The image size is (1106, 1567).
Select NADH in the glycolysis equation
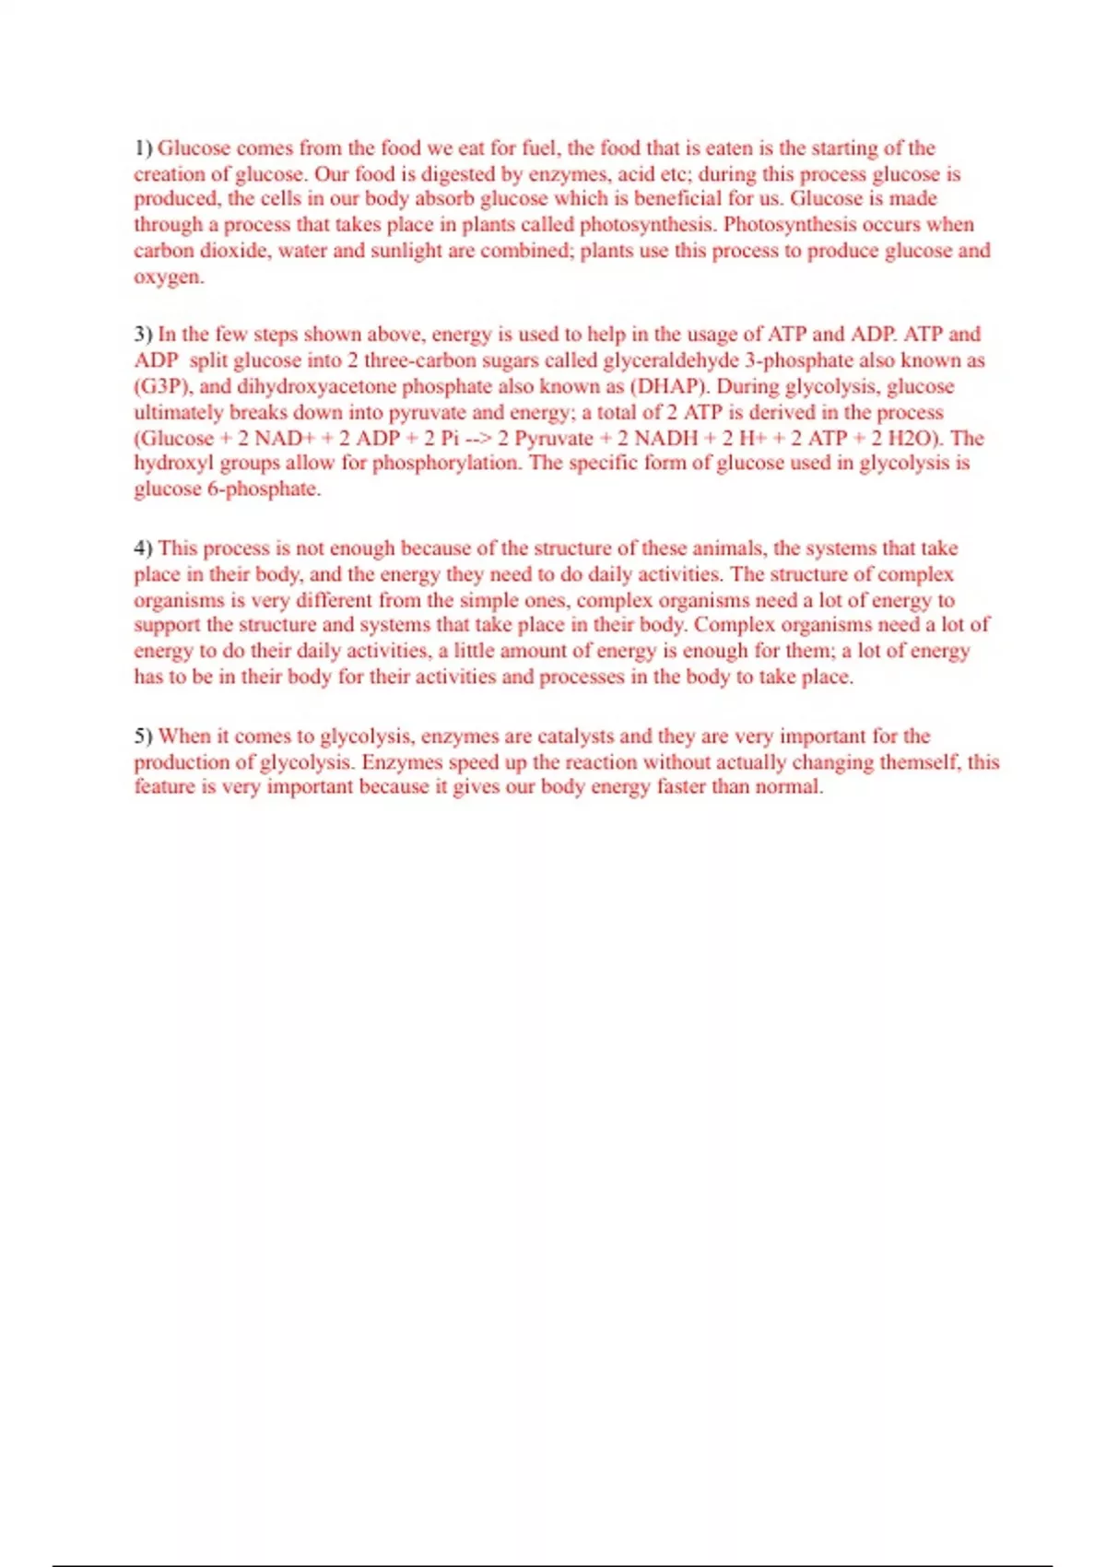tap(665, 438)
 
